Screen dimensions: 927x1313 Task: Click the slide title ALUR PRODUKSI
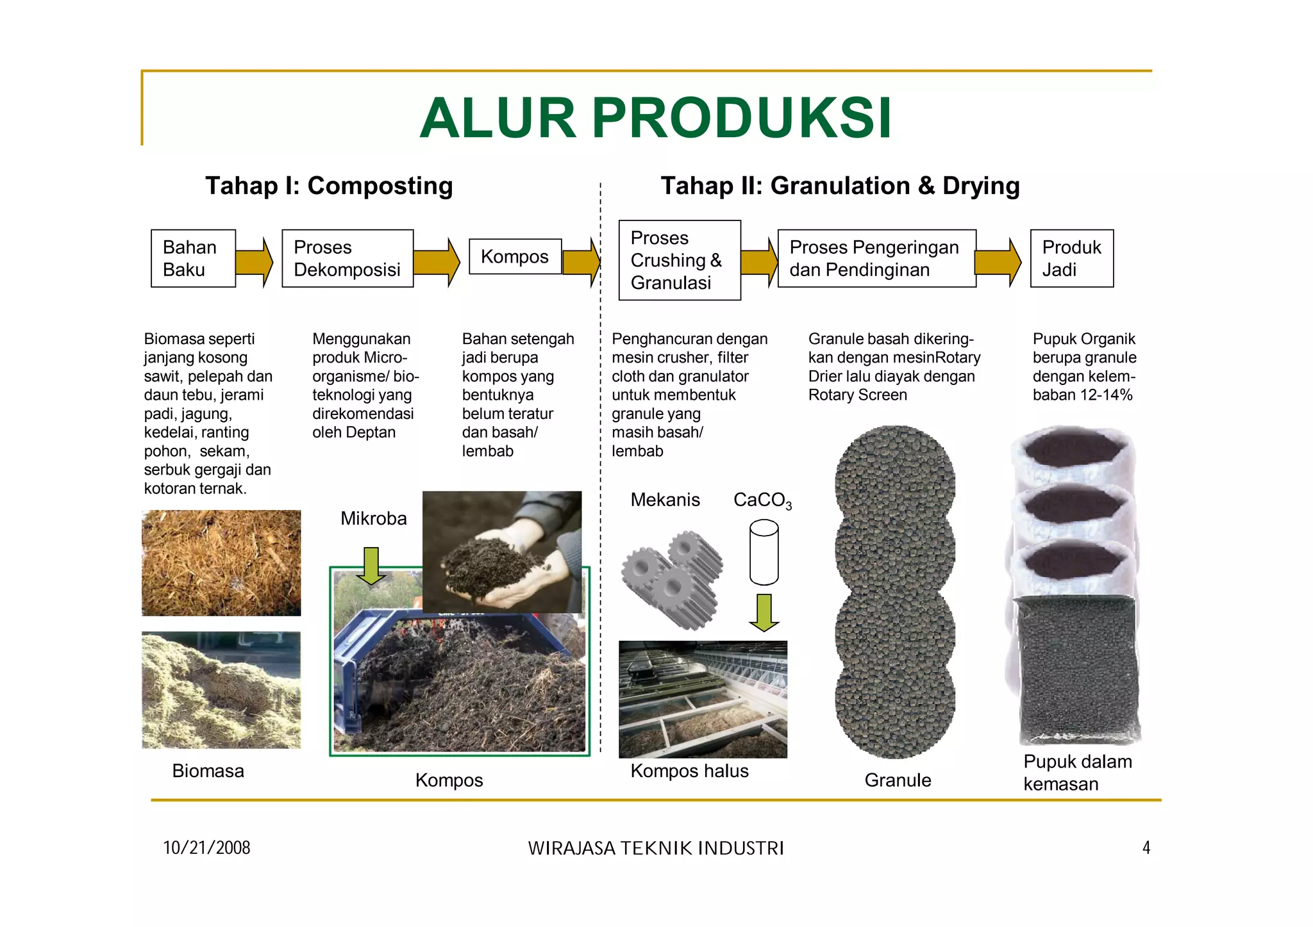(655, 118)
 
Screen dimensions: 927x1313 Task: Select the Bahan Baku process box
(193, 258)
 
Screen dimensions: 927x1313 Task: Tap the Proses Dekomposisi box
(347, 258)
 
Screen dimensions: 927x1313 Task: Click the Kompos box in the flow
(515, 256)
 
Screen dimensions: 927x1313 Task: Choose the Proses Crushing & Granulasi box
(679, 260)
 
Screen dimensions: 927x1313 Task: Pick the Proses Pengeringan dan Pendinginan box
(876, 258)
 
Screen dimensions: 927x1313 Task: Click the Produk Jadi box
(1071, 258)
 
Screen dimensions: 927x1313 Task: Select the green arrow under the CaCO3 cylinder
(764, 612)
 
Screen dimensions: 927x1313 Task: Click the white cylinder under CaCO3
(764, 552)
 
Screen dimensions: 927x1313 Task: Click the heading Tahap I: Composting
(329, 186)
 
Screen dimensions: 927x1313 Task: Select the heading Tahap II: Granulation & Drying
(840, 186)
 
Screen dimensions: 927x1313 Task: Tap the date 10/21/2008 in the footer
(206, 848)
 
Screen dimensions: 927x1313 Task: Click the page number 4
(1146, 848)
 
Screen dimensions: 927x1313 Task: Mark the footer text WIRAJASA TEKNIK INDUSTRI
(656, 848)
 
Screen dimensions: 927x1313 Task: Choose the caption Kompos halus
(689, 771)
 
